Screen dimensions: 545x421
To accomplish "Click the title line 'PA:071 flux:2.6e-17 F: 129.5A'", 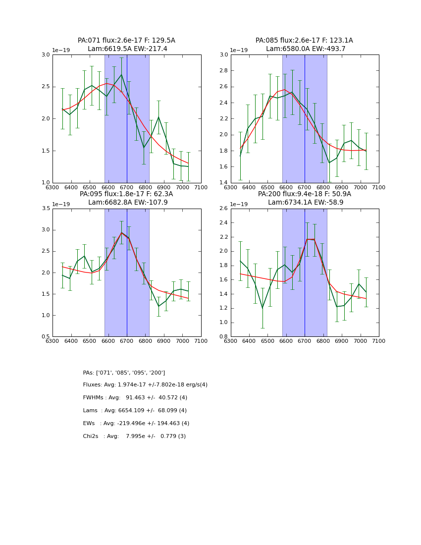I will pyautogui.click(x=126, y=41).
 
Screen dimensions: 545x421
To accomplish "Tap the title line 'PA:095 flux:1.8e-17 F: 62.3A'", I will pyautogui.click(x=126, y=194).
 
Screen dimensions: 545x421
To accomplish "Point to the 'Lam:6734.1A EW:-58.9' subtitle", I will pyautogui.click(x=305, y=203).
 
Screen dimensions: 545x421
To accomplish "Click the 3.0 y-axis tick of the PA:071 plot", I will pyautogui.click(x=46, y=54).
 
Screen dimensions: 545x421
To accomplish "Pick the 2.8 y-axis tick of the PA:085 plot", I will pyautogui.click(x=224, y=71).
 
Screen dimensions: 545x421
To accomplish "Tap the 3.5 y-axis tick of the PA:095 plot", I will pyautogui.click(x=46, y=209).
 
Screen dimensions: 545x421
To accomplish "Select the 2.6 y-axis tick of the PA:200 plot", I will pyautogui.click(x=224, y=209).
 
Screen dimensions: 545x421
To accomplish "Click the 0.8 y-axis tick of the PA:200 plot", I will pyautogui.click(x=224, y=336).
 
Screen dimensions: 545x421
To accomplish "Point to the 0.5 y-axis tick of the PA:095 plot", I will pyautogui.click(x=46, y=336).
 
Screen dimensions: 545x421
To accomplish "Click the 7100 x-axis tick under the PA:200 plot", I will pyautogui.click(x=379, y=341).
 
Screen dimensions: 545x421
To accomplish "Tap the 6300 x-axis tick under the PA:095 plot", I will pyautogui.click(x=53, y=341).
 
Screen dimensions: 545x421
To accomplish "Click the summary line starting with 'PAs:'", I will pyautogui.click(x=124, y=373).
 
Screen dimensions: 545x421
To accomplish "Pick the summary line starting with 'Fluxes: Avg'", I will pyautogui.click(x=145, y=385).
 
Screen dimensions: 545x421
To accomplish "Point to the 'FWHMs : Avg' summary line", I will pyautogui.click(x=135, y=398).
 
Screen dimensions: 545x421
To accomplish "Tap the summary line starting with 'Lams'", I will pyautogui.click(x=135, y=411).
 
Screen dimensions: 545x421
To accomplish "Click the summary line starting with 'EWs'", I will pyautogui.click(x=136, y=424).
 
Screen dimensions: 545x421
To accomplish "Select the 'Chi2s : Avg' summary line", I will pyautogui.click(x=134, y=436).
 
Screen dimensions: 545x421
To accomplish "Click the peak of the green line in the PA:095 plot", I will pyautogui.click(x=121, y=232).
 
